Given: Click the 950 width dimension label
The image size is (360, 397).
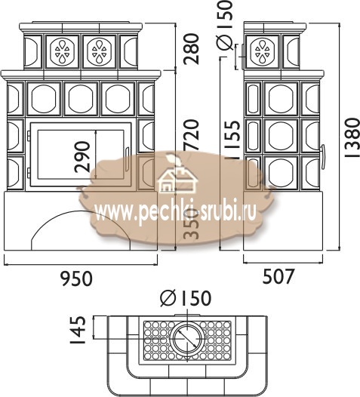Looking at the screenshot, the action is pos(77,279).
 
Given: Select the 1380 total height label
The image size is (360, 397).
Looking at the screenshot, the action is pos(352,138).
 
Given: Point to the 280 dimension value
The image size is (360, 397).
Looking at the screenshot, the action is pos(192,49).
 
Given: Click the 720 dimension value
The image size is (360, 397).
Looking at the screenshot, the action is pos(192,134).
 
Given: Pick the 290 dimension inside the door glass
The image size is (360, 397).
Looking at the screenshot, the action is pos(82,157).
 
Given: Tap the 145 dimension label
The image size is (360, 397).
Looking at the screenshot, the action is pos(78,329).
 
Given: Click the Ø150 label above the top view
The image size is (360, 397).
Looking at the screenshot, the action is pos(186,298).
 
